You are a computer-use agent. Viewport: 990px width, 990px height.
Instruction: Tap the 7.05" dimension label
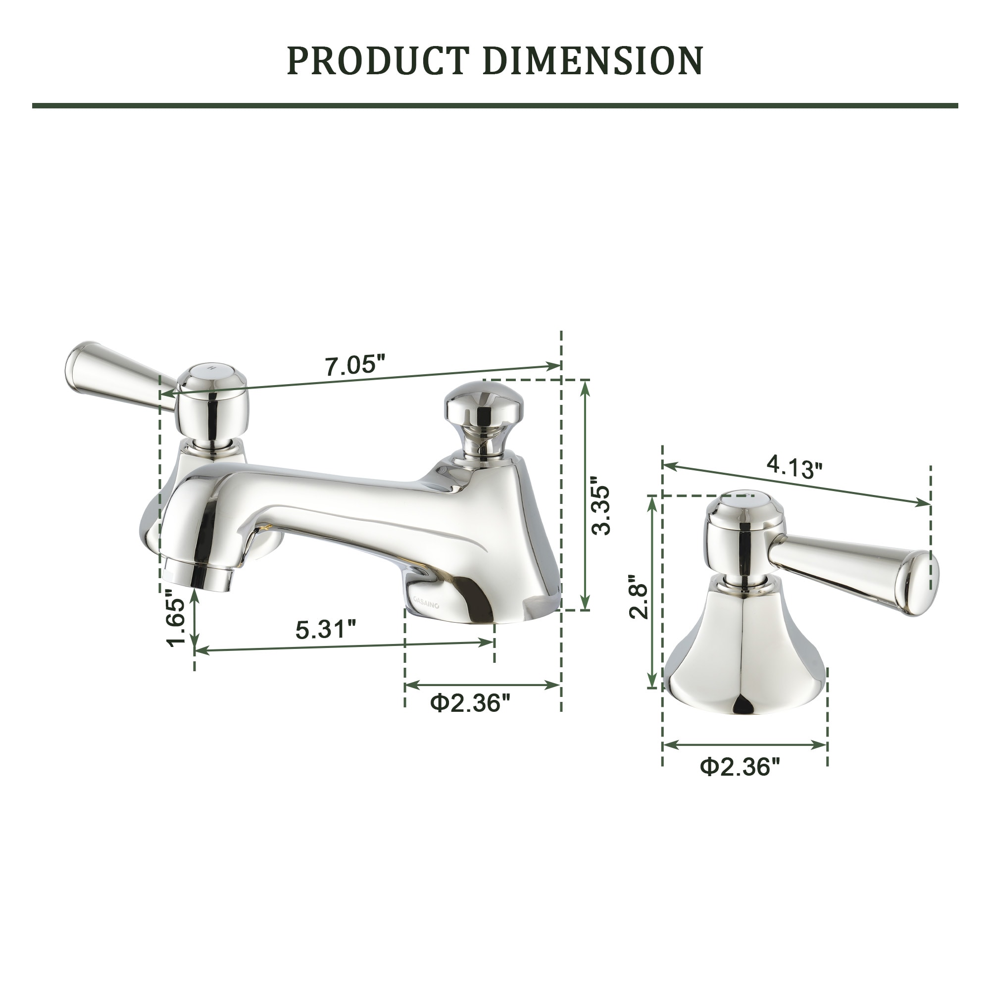pos(354,366)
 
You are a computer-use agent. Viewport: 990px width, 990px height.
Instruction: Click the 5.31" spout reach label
pos(326,629)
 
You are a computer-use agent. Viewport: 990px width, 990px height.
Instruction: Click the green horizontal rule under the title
pos(495,105)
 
